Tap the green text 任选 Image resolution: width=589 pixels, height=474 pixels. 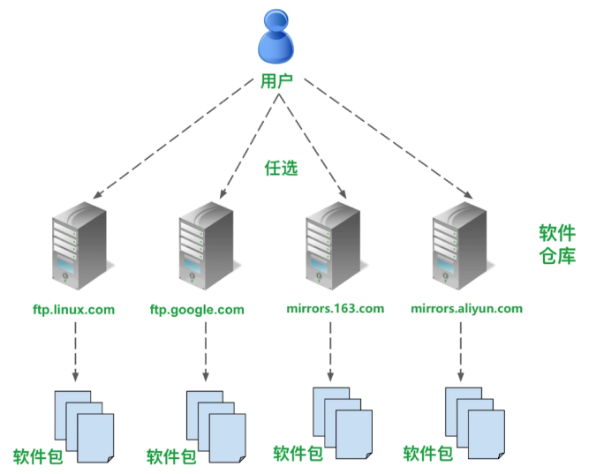point(282,169)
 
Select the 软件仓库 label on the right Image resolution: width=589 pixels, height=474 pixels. point(557,245)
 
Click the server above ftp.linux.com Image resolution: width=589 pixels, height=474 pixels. point(77,248)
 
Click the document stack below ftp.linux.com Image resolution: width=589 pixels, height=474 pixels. point(84,425)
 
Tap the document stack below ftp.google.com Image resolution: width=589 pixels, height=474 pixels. point(215,423)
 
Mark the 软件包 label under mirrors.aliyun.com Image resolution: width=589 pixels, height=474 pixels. point(428,454)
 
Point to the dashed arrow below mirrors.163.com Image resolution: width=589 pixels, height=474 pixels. point(330,350)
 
